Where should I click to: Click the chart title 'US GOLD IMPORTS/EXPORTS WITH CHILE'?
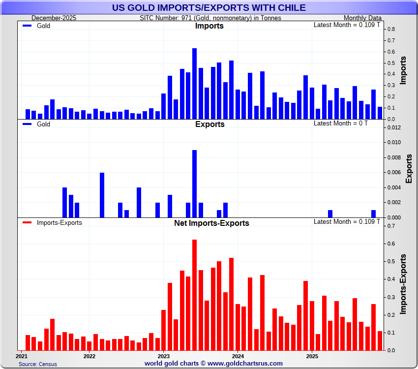point(209,8)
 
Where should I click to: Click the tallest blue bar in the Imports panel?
point(194,84)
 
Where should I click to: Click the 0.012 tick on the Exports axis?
point(393,127)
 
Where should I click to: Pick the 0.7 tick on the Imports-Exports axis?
point(390,226)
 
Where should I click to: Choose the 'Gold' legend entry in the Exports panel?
point(43,124)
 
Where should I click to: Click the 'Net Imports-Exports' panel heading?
point(211,223)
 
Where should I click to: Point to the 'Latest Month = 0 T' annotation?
point(340,123)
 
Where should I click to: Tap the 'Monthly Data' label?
point(362,18)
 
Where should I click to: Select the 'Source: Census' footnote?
point(38,364)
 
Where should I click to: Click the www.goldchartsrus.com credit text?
point(213,364)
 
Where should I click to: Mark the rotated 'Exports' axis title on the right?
point(409,168)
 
